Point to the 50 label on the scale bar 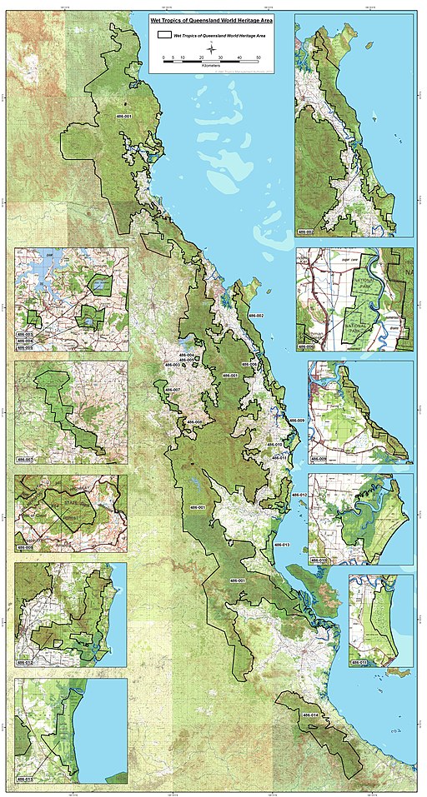coord(259,58)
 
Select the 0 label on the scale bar coord(163,58)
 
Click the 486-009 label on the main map coord(297,421)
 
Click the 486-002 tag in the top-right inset coord(305,232)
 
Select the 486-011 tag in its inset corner coord(359,663)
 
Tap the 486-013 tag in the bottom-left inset coord(24,780)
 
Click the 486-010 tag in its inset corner coord(319,560)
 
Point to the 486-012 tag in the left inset coord(24,663)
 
